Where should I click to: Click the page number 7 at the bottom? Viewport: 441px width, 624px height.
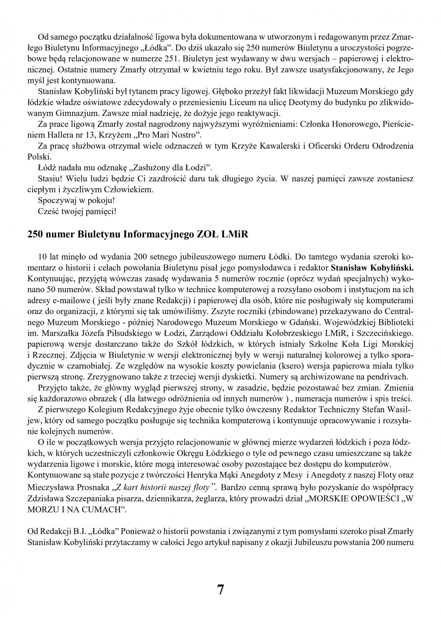(x=220, y=590)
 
